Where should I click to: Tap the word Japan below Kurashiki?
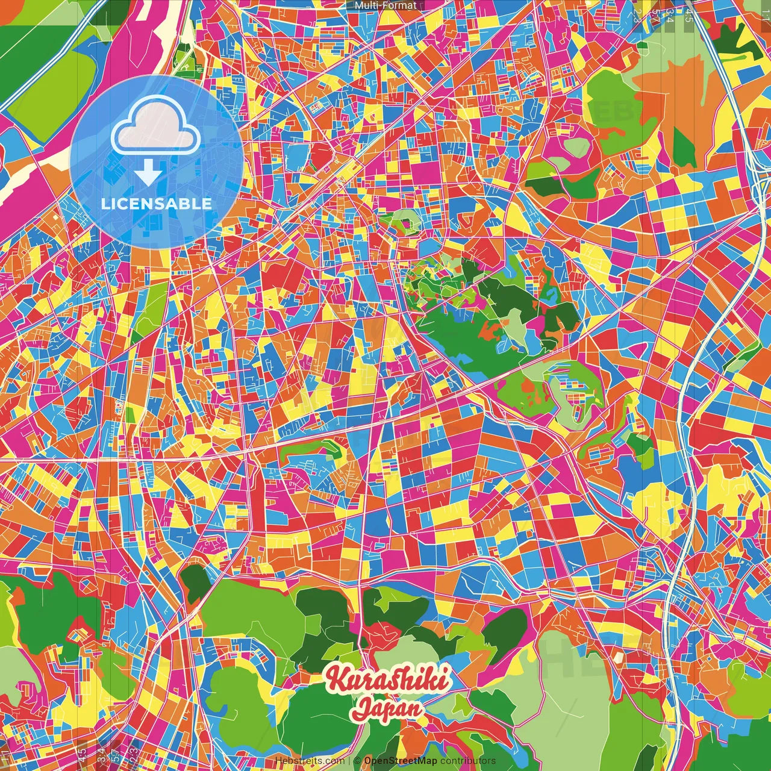389,708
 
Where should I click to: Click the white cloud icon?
155,126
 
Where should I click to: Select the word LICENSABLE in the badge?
157,204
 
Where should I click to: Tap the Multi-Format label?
385,5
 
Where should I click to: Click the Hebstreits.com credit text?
310,761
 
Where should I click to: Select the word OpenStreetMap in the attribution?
401,761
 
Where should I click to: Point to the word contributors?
468,761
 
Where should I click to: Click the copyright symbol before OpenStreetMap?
357,761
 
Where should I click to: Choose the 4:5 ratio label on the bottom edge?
82,754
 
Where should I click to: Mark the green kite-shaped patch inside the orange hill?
684,148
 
